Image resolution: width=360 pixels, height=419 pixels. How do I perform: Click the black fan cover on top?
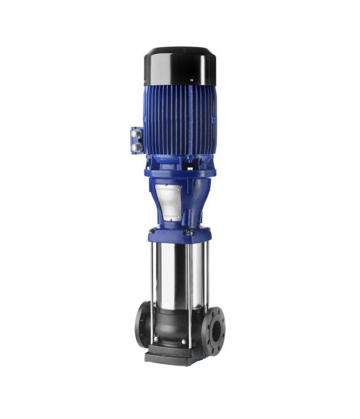point(179,65)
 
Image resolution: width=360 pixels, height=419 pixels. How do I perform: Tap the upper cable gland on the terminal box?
point(137,135)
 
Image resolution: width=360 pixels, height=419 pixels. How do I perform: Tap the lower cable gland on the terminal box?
point(137,147)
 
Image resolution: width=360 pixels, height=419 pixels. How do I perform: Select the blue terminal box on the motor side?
point(137,140)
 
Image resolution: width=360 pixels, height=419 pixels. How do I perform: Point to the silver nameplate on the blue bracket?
point(168,202)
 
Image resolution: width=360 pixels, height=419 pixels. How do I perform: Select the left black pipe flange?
point(142,325)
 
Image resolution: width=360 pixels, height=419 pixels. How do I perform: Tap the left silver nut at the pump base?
point(155,339)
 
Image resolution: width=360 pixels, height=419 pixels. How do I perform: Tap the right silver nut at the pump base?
point(184,341)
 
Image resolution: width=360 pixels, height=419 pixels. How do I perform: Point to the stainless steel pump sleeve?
point(175,275)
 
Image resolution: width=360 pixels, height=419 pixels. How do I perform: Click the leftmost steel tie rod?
point(152,283)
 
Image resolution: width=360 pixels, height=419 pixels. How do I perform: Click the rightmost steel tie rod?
point(207,278)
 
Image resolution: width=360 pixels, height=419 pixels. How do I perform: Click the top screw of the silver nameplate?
point(166,185)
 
